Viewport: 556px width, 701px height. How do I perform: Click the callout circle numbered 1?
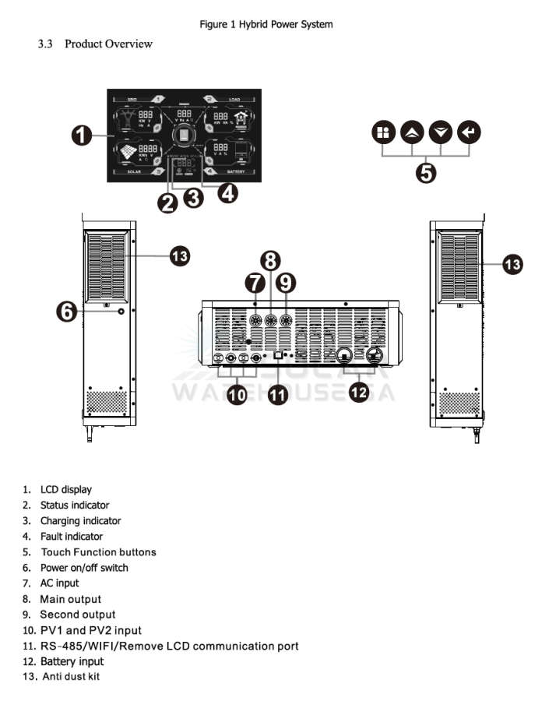click(x=81, y=136)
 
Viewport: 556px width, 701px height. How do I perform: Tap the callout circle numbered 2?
click(x=167, y=204)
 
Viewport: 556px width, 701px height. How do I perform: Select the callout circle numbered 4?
click(x=227, y=192)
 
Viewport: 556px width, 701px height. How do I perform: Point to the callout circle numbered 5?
click(x=426, y=172)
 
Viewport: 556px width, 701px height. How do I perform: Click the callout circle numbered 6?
click(x=67, y=311)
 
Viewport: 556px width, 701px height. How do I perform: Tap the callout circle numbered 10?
click(x=238, y=395)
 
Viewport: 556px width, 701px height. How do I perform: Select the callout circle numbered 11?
click(x=278, y=395)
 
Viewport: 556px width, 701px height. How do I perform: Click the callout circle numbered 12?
click(x=358, y=393)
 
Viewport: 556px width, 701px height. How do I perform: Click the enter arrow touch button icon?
click(x=469, y=132)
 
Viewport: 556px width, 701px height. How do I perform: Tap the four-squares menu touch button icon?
click(x=382, y=132)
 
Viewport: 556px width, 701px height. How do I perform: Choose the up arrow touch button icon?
click(x=411, y=132)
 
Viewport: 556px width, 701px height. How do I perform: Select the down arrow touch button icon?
click(x=441, y=132)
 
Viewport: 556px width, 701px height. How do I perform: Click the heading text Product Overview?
click(x=108, y=44)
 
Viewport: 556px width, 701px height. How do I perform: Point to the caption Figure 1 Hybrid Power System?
click(x=266, y=24)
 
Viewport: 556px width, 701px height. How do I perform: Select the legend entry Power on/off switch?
click(x=84, y=568)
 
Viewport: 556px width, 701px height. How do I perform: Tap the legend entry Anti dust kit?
click(x=71, y=677)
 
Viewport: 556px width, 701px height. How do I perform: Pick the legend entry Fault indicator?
click(x=72, y=537)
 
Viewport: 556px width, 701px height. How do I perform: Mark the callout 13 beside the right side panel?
click(x=512, y=265)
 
